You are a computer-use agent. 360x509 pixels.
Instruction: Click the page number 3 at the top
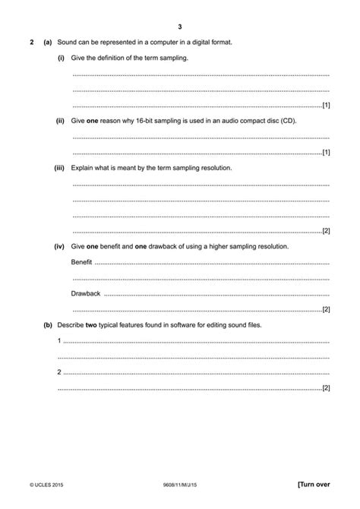[180, 26]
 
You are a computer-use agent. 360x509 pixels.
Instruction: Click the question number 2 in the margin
[31, 42]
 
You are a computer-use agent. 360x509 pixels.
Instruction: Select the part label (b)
[48, 325]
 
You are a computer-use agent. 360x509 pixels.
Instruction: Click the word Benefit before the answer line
[81, 262]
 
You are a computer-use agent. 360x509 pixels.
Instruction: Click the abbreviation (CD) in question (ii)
[288, 121]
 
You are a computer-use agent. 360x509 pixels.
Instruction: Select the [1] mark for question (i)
[326, 105]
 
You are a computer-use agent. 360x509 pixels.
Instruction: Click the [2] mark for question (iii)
[326, 231]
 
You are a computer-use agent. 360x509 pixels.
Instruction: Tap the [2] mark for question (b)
[326, 388]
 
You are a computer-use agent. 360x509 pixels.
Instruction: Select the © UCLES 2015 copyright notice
[49, 483]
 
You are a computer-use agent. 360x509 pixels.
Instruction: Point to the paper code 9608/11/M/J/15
[180, 483]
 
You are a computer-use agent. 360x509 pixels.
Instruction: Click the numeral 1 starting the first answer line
[60, 340]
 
